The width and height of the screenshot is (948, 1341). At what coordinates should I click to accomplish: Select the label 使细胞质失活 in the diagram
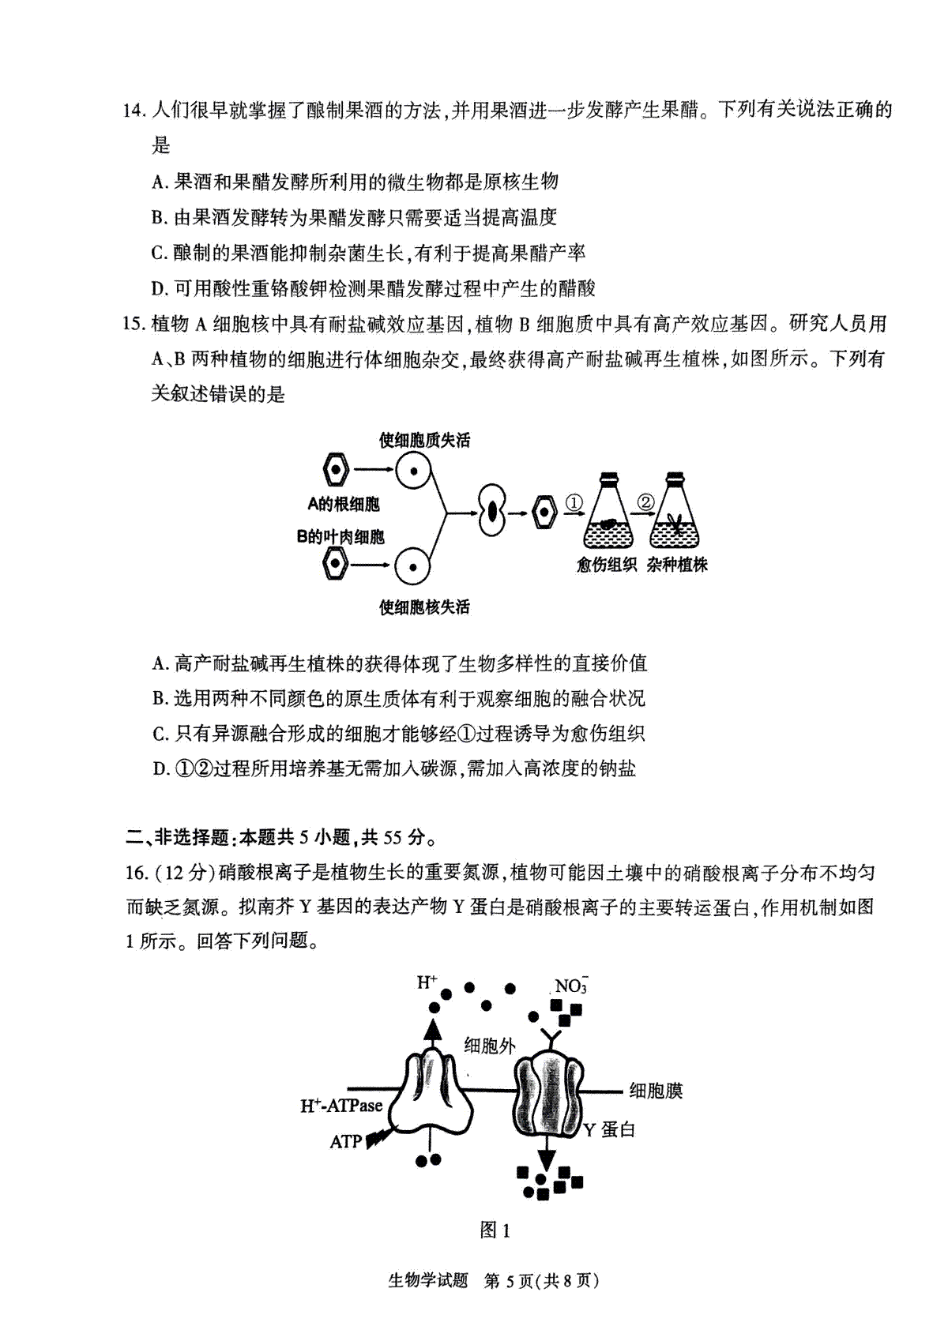pos(424,441)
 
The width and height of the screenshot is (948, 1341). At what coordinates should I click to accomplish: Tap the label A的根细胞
pos(344,504)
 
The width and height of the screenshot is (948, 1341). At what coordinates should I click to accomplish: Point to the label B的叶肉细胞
pos(340,536)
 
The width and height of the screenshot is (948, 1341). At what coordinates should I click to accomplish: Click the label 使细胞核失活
pos(424,607)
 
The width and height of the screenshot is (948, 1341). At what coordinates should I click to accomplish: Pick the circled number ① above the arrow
pos(574,501)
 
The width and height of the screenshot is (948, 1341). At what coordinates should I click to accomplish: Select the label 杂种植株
pos(677,565)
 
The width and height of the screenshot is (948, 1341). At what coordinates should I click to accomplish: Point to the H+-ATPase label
pos(341,1105)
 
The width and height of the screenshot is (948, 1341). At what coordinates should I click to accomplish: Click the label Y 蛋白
pos(609,1129)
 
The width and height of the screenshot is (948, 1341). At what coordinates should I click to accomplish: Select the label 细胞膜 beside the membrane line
pos(656,1091)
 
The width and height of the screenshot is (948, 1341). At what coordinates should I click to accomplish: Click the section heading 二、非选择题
pos(177,837)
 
